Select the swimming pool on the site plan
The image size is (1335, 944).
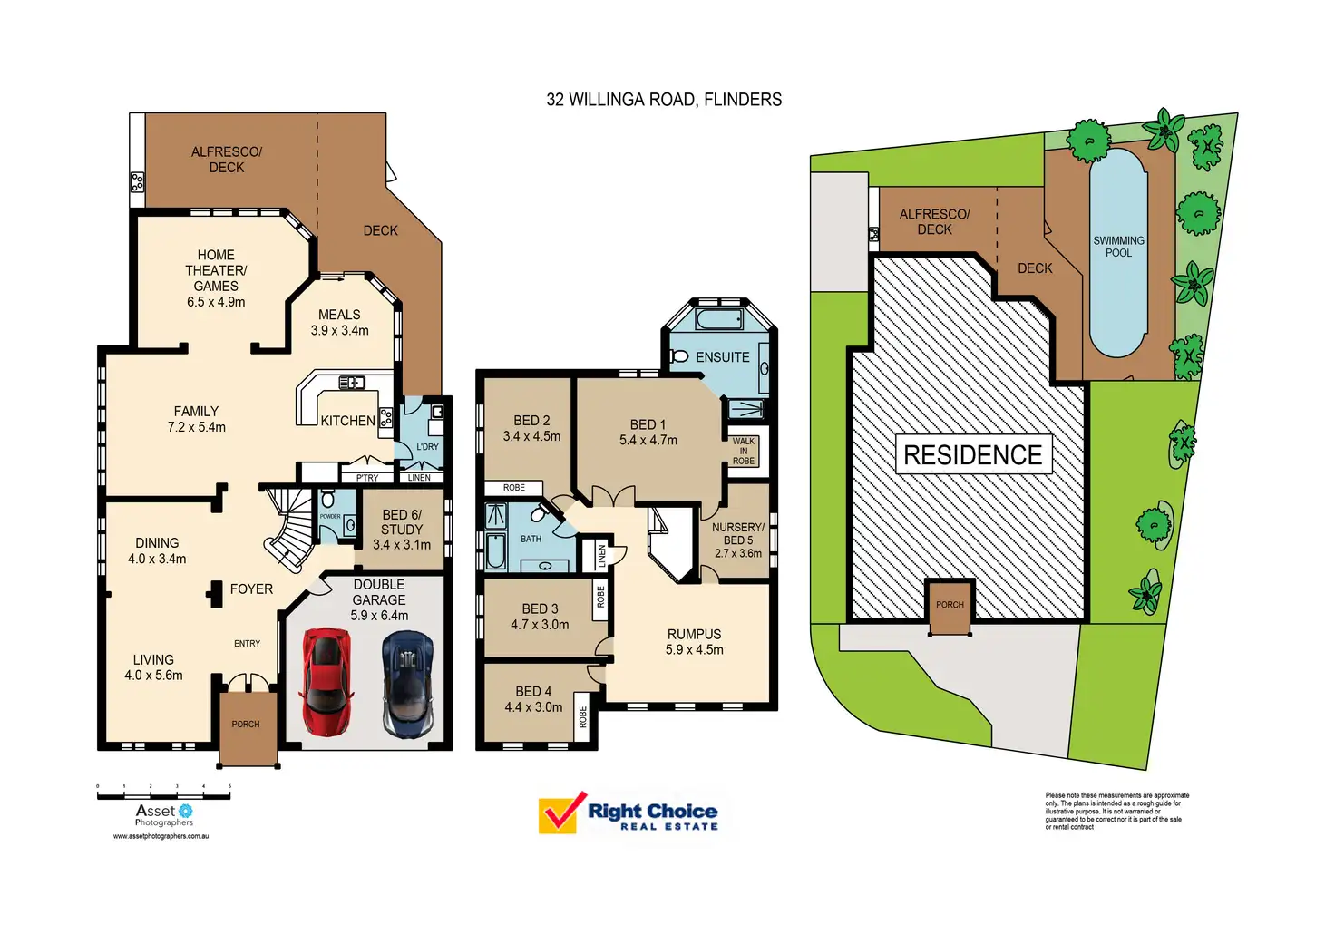click(1117, 252)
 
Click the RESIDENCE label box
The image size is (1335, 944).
click(973, 454)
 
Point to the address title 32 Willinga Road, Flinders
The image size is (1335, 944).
click(664, 100)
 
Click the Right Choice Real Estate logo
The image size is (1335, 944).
click(629, 813)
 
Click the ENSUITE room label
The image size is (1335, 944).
click(722, 357)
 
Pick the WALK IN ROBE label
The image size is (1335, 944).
click(744, 451)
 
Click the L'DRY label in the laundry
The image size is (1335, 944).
click(427, 446)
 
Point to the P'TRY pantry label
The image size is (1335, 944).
click(367, 477)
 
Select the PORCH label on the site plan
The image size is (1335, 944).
click(950, 605)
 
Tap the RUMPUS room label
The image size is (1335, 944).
click(694, 635)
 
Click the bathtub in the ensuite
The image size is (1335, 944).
click(719, 319)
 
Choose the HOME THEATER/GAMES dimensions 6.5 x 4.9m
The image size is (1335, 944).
click(216, 302)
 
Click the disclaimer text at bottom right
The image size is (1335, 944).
click(1116, 811)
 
